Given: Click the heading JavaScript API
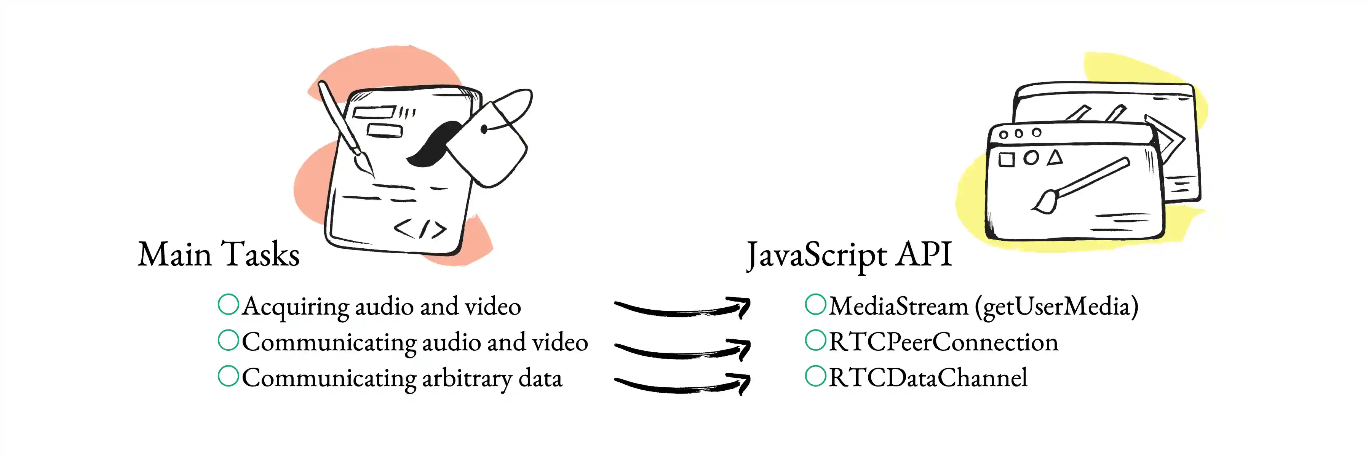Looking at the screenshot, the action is (x=849, y=256).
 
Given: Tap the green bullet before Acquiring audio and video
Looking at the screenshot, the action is (x=228, y=304).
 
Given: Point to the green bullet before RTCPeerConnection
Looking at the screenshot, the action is (x=815, y=340).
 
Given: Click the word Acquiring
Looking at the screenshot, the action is (x=296, y=307).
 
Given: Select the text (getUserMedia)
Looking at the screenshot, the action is (x=1056, y=307).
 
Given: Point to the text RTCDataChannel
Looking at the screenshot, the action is (x=928, y=377).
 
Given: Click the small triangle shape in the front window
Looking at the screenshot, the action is (x=1055, y=158).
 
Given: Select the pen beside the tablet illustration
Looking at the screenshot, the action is (x=346, y=128).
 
